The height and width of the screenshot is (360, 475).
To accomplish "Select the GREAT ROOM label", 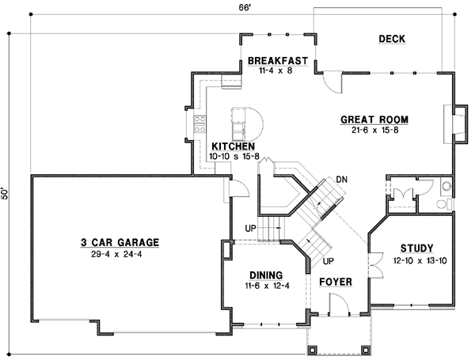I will coord(374,119).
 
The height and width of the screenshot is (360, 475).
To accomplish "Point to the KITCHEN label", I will coord(232,146).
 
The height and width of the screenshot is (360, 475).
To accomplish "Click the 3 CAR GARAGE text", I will coord(120,242).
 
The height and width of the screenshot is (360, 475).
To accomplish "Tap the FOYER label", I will coord(336,281).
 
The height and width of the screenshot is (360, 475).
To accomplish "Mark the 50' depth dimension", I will coord(6,195).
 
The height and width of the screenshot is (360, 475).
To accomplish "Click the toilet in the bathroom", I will coord(447,188).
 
